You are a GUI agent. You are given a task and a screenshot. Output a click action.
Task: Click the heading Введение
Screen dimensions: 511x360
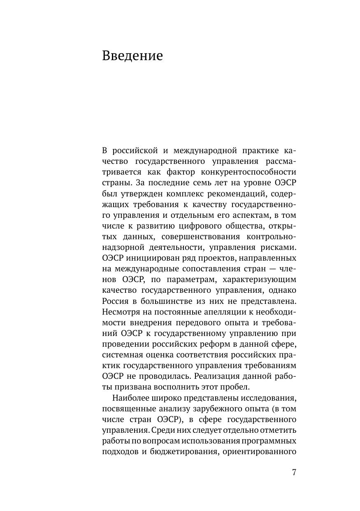coord(132,56)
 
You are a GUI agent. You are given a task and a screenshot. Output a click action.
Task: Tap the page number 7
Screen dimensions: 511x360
coord(294,472)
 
